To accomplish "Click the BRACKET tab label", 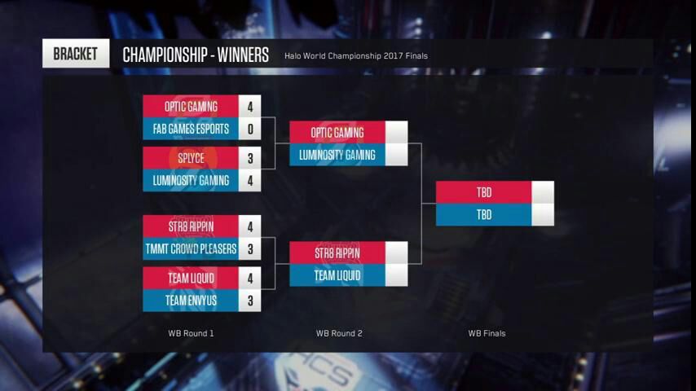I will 76,54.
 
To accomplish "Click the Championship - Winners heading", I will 196,55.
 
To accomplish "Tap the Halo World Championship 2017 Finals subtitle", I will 356,56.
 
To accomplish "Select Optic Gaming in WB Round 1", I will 191,107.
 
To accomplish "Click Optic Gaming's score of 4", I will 249,107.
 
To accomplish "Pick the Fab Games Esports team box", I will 191,129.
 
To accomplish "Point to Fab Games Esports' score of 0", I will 249,129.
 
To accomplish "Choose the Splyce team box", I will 191,158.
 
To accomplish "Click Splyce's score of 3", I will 249,158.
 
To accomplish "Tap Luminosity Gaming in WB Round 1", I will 191,180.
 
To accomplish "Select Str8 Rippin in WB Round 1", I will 191,226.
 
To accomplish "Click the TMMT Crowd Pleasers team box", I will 191,248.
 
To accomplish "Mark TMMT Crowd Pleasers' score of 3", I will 249,248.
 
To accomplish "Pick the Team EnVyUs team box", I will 191,300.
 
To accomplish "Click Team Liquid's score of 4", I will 249,278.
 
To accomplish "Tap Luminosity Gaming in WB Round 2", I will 337,155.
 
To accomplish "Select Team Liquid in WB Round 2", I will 337,275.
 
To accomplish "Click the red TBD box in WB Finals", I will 484,192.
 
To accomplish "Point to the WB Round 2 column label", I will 339,333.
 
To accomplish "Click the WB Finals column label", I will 487,333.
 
